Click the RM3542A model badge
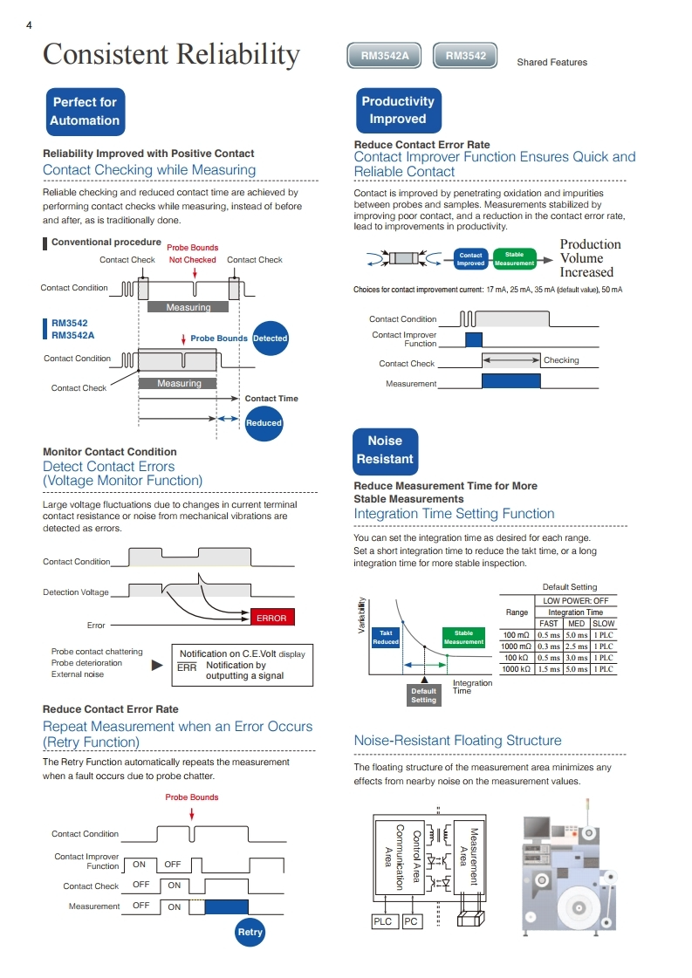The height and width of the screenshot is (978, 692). tap(384, 56)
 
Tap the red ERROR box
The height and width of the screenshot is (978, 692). tap(271, 618)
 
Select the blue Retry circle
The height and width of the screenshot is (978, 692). tap(250, 932)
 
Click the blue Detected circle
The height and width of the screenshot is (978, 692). tap(271, 338)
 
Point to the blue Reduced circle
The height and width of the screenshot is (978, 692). tap(264, 423)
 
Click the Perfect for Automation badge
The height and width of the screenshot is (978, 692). tap(85, 112)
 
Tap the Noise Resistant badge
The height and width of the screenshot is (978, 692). tap(385, 450)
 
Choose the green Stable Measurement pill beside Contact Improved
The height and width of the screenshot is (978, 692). tap(514, 259)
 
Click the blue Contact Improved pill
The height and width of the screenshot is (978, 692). tap(470, 259)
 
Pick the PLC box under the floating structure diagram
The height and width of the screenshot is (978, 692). tap(382, 921)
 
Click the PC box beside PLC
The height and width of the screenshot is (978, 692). tap(411, 921)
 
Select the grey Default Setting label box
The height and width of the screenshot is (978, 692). tap(424, 695)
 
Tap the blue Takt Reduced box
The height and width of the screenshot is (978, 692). tap(386, 638)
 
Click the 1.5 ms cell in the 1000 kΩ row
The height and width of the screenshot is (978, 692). tap(549, 669)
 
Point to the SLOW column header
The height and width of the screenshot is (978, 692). tap(603, 623)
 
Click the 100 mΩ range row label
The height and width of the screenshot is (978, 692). tap(517, 635)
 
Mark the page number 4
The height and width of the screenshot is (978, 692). tap(29, 25)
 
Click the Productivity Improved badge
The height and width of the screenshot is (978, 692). tap(398, 111)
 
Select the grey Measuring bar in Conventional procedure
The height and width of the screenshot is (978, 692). tap(188, 307)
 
